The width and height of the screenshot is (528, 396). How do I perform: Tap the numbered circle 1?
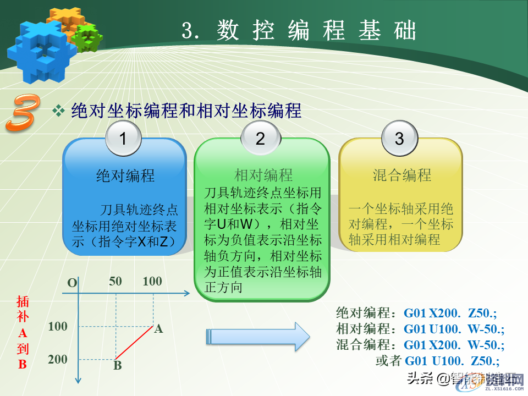[123, 139]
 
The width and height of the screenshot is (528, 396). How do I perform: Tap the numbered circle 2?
[260, 139]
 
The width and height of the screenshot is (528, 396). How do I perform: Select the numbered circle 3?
[400, 139]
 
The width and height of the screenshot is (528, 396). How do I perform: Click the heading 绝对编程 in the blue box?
[125, 175]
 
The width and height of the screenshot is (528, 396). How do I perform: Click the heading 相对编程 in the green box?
[263, 175]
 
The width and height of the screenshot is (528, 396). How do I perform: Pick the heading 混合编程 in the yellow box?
[402, 175]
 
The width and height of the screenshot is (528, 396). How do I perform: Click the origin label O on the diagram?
[72, 283]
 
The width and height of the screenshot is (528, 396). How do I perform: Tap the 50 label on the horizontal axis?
[116, 282]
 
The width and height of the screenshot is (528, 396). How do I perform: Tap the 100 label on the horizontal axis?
[152, 282]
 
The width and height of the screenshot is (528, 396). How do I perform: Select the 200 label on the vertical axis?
[58, 360]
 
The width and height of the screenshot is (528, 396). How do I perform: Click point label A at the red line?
[158, 329]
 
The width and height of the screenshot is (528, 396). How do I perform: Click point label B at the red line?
[117, 365]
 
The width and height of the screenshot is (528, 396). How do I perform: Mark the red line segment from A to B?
[134, 342]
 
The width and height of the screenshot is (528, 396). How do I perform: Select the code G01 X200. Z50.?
[450, 313]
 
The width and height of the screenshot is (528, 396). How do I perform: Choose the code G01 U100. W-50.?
[454, 329]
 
